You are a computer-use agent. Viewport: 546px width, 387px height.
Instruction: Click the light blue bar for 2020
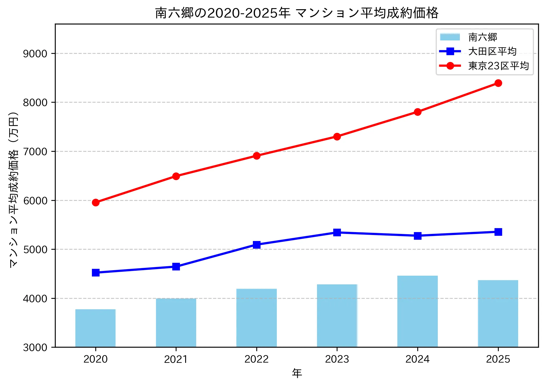[x=95, y=328]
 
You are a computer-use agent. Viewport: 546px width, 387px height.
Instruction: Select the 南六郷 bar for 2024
[x=417, y=311]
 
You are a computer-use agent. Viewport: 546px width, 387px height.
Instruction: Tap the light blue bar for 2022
[x=256, y=318]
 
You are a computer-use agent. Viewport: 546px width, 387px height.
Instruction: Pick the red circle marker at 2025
[x=498, y=83]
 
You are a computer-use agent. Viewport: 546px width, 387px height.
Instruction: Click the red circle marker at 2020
[x=96, y=202]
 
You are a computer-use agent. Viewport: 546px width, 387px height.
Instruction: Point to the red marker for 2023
[x=337, y=137]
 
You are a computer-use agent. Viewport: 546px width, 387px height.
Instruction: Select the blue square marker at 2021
[x=176, y=267]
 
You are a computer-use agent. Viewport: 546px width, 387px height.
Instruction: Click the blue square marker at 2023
[x=337, y=232]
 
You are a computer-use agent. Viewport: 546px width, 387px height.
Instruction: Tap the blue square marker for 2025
[x=498, y=232]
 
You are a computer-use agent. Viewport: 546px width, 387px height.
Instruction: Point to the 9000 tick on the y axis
[x=35, y=54]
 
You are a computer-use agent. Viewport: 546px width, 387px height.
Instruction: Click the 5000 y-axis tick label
[x=35, y=249]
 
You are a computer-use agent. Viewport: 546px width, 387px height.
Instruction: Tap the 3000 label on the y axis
[x=35, y=347]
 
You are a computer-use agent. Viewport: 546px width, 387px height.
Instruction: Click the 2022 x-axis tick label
[x=256, y=359]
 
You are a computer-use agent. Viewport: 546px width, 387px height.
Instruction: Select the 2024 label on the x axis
[x=417, y=359]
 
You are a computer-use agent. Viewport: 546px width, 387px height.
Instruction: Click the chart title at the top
[x=297, y=13]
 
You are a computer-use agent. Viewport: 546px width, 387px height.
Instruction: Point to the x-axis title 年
[x=297, y=373]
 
